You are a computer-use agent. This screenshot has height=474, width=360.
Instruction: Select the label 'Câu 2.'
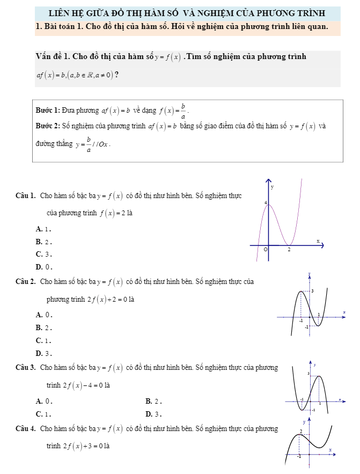pos(25,281)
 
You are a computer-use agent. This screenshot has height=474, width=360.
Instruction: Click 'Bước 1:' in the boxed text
pos(47,111)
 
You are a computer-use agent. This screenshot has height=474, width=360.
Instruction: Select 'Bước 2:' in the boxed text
pos(47,127)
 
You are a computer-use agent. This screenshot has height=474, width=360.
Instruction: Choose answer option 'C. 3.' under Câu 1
pos(43,254)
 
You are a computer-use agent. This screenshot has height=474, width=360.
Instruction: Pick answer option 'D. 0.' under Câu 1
pos(43,266)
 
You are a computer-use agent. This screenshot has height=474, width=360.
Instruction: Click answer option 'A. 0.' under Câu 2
pos(43,315)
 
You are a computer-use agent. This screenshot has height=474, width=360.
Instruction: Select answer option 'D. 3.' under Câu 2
pos(43,353)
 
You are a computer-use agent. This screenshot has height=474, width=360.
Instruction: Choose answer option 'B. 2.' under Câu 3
pos(153,400)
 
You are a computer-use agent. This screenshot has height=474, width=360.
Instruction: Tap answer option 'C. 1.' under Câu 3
pos(43,413)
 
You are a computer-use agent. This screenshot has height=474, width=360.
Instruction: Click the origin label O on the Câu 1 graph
pos(265,250)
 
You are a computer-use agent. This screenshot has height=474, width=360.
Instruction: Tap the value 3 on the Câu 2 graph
pos(313,290)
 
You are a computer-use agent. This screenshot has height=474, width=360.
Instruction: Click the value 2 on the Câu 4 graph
pos(300,431)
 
